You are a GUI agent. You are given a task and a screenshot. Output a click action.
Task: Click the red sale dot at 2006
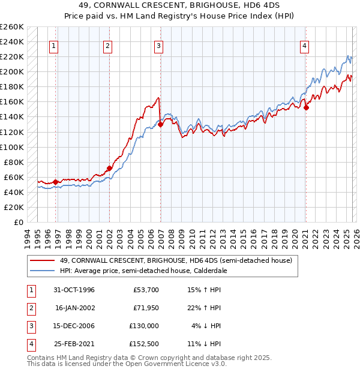point(161,124)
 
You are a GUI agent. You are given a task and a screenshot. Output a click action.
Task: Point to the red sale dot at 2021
point(306,107)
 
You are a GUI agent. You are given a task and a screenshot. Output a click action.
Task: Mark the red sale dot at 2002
point(109,168)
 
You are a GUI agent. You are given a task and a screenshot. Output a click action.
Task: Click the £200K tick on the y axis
point(12,71)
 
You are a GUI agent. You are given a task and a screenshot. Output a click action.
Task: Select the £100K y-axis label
point(12,147)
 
